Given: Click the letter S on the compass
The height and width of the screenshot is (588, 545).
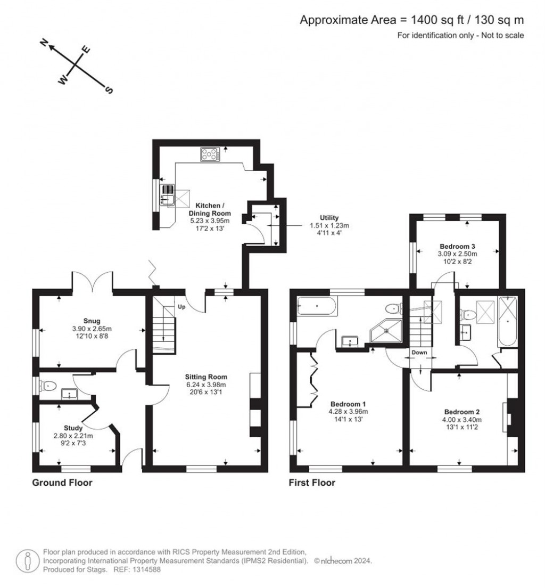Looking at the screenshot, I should [110, 90].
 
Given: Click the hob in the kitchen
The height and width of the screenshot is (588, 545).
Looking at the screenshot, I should [211, 154].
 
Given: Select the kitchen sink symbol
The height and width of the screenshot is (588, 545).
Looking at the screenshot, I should [168, 195].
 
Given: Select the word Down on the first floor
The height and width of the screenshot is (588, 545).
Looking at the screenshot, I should [419, 353].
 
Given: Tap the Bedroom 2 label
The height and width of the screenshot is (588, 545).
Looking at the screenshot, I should [462, 412].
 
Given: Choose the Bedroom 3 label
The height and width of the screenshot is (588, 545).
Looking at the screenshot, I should [457, 246].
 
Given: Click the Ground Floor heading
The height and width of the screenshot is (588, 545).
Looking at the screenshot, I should [62, 483].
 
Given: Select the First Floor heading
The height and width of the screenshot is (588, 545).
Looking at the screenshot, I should [312, 483].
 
